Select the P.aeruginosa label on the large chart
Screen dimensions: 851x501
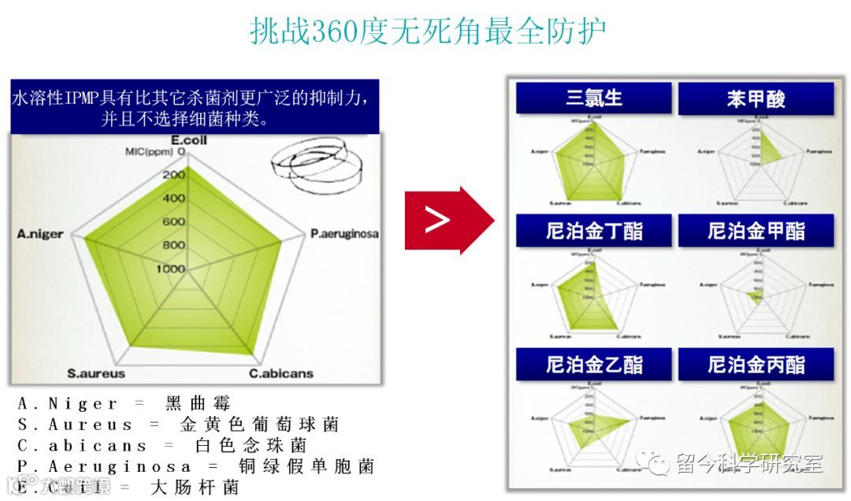click(x=344, y=234)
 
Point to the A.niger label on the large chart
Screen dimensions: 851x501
click(x=40, y=234)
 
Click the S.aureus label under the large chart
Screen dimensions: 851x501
click(x=95, y=373)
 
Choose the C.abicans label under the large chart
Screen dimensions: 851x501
click(x=281, y=373)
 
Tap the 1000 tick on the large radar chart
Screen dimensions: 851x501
click(x=169, y=269)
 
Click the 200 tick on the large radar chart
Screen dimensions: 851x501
click(x=173, y=175)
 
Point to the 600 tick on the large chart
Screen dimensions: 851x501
click(x=173, y=222)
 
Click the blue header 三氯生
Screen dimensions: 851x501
click(x=594, y=98)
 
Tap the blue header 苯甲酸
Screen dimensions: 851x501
click(x=756, y=99)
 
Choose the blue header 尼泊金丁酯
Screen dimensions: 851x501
click(x=594, y=231)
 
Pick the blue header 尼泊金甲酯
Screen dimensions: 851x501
click(x=756, y=231)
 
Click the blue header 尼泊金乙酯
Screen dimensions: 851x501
click(x=594, y=365)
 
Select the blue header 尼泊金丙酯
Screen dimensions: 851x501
click(x=756, y=365)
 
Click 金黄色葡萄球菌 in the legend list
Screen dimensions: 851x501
click(x=259, y=425)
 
